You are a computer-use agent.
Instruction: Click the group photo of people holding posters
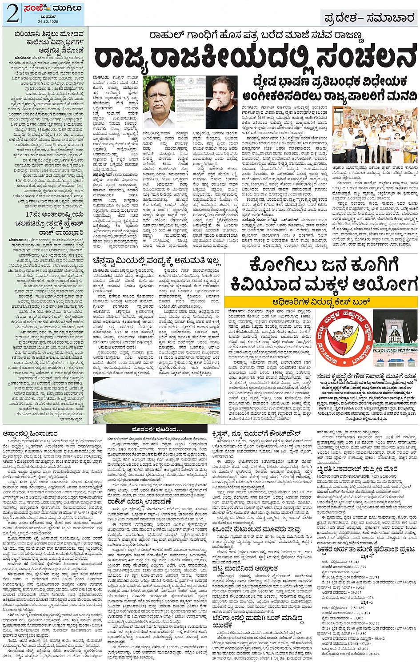(375, 135)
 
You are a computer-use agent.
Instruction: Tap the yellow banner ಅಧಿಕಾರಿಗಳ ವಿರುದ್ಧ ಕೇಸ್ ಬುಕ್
(320, 302)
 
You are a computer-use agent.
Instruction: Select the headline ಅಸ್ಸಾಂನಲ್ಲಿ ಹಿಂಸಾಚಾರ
(28, 432)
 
